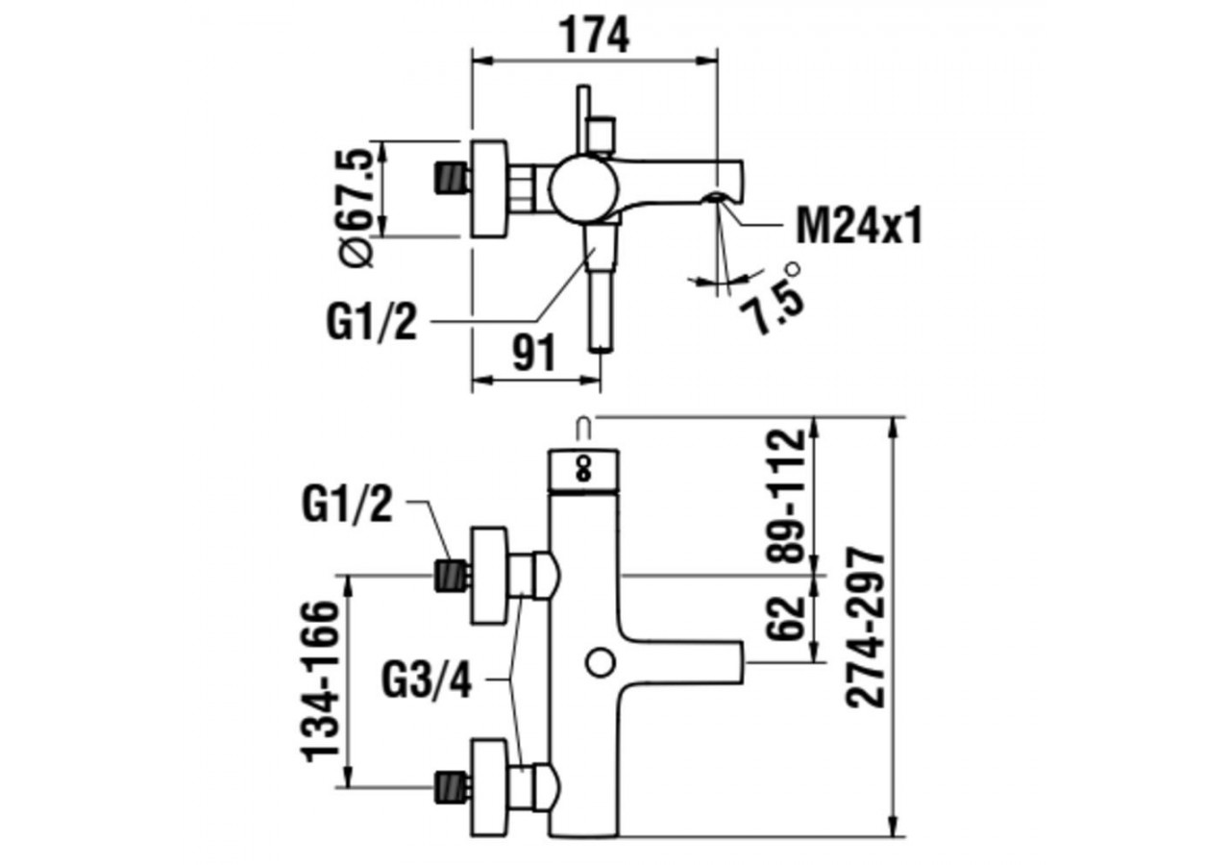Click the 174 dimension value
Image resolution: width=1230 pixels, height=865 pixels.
[x=594, y=37]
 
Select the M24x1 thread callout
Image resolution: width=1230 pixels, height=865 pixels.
[x=858, y=228]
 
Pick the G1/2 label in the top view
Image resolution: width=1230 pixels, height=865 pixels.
[x=371, y=323]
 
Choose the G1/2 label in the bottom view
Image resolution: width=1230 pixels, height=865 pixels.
[x=347, y=506]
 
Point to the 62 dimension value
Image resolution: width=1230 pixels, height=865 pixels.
[x=788, y=617]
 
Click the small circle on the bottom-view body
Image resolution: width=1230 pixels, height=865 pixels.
[x=599, y=662]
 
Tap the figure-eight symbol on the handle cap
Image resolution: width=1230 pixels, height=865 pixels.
[x=582, y=469]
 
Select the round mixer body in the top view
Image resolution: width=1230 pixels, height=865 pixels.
[x=579, y=189]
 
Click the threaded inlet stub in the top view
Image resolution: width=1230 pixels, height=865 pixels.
[x=452, y=179]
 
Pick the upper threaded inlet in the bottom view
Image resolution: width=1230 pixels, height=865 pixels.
[x=452, y=576]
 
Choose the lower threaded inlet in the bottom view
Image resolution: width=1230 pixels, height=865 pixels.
[x=452, y=786]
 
